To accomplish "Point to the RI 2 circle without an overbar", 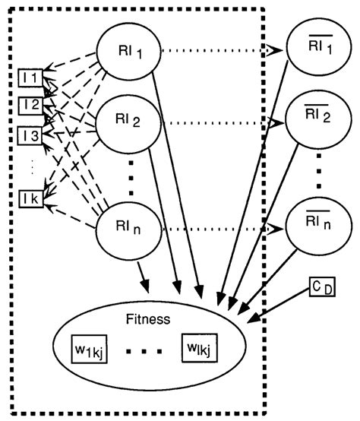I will point(125,122).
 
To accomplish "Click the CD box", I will point(320,286).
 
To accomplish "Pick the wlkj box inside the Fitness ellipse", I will point(199,349).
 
